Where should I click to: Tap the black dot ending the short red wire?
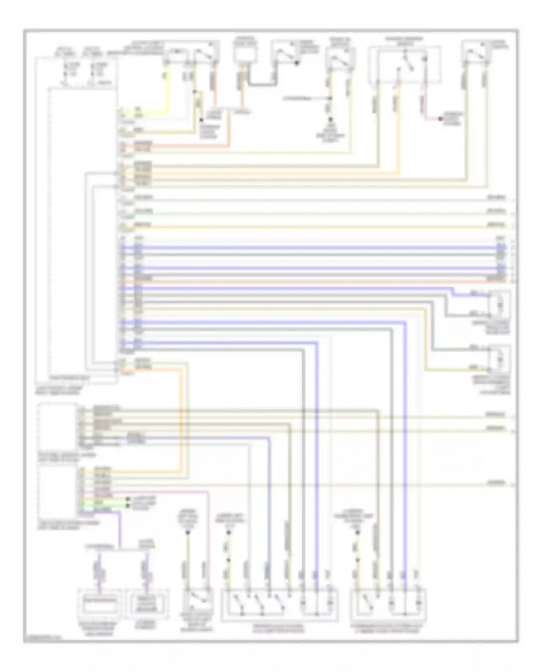440,119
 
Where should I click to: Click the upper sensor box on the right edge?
499,304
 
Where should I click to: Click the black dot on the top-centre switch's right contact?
297,63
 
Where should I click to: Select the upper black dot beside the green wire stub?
128,499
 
